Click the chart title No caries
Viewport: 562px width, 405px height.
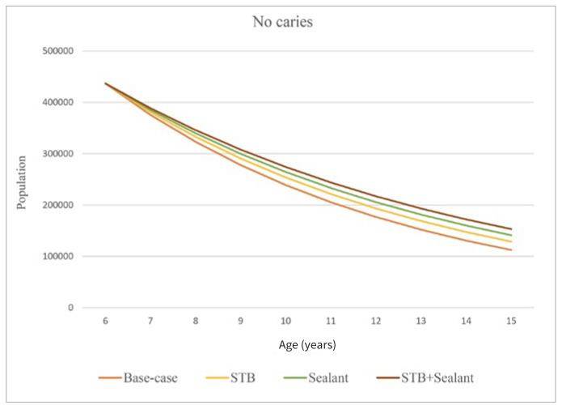[x=282, y=22]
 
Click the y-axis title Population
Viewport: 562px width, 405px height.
[x=22, y=182]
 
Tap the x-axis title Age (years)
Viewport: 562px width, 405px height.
[x=307, y=345]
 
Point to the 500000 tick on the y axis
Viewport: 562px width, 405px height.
[x=58, y=51]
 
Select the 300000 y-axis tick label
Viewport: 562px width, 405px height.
[x=58, y=154]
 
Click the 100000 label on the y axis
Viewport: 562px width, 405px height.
[x=58, y=256]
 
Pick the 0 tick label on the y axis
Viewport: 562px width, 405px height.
[x=71, y=308]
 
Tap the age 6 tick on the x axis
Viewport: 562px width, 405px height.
[x=105, y=321]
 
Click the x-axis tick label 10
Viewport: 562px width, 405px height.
[x=285, y=321]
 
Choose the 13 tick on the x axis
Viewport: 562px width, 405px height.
[x=421, y=321]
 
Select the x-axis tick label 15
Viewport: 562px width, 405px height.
[x=512, y=321]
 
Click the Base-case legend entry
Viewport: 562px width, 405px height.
[x=138, y=378]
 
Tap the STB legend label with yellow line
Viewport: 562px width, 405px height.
[x=230, y=378]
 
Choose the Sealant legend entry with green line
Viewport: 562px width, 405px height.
[x=315, y=378]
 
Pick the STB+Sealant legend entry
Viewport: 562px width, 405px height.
[x=425, y=378]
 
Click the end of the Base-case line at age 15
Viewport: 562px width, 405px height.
[x=512, y=250]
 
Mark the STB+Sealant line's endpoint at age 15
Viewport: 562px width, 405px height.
[x=512, y=229]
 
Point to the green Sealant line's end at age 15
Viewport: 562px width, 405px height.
[x=512, y=235]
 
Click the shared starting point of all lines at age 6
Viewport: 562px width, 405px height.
[x=105, y=83]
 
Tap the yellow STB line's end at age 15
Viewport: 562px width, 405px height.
[x=512, y=241]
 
